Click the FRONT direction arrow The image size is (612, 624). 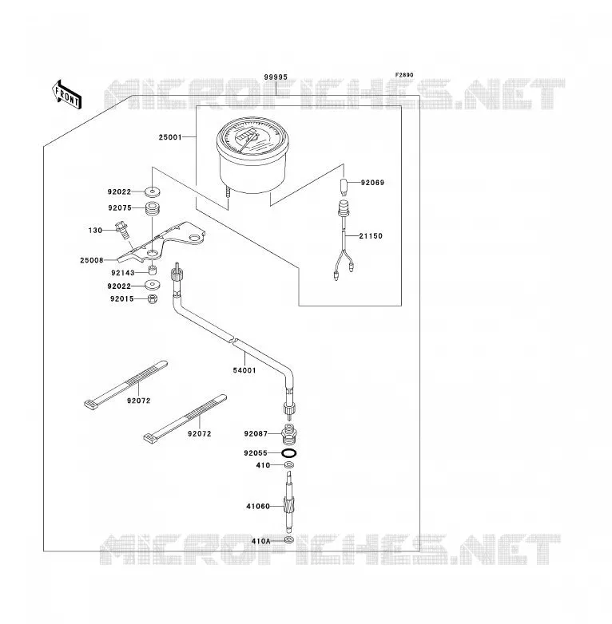(x=66, y=94)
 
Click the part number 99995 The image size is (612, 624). (x=276, y=77)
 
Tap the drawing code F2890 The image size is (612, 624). (x=404, y=75)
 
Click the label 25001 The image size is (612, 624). (x=170, y=137)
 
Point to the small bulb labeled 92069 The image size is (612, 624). (x=344, y=186)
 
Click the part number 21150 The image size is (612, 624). (x=371, y=236)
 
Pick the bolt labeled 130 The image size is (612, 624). (x=122, y=231)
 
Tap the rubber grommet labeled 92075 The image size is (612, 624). (x=152, y=209)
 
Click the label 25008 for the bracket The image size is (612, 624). (x=92, y=260)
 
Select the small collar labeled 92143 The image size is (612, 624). (x=152, y=271)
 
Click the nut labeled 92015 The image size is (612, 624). (x=153, y=299)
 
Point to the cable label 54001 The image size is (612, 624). (x=244, y=370)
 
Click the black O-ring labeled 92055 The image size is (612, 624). (x=289, y=453)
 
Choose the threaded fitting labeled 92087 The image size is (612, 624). (x=289, y=435)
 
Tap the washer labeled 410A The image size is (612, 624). (x=289, y=540)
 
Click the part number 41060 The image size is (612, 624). (x=258, y=507)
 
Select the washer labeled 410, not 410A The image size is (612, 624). (x=289, y=465)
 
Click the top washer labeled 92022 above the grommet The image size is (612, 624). (x=152, y=192)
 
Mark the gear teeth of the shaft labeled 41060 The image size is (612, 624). (x=289, y=506)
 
